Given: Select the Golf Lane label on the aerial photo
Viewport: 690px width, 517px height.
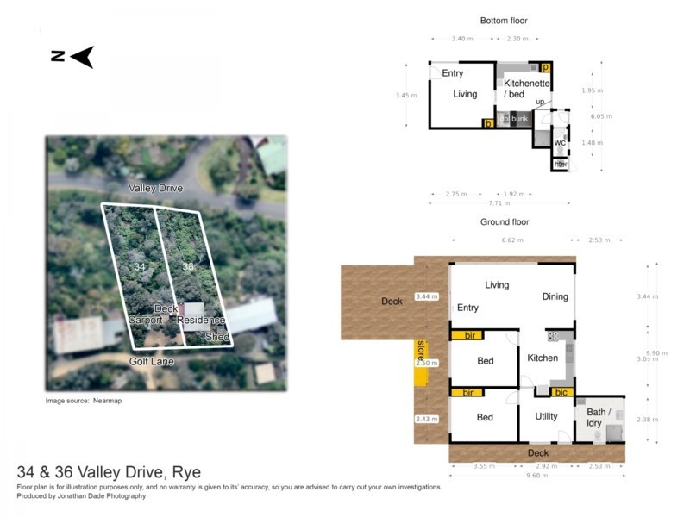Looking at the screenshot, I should pyautogui.click(x=152, y=362).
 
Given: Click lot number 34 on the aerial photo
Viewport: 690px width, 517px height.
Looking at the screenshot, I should pyautogui.click(x=139, y=267).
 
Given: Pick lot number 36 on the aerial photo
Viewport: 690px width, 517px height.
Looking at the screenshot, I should pyautogui.click(x=188, y=267).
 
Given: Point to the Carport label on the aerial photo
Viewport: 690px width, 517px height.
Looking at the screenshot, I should pyautogui.click(x=145, y=320).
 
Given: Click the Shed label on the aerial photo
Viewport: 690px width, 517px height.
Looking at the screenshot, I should pyautogui.click(x=216, y=338).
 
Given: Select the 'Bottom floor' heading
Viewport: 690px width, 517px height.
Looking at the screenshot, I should pyautogui.click(x=503, y=21).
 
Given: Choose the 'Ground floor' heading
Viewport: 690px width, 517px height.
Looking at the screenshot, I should pyautogui.click(x=504, y=221).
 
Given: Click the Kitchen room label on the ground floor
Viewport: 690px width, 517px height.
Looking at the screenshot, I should pyautogui.click(x=543, y=358).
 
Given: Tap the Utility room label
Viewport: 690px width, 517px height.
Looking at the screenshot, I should pyautogui.click(x=546, y=416).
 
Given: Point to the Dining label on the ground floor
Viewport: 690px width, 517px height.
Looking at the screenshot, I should pyautogui.click(x=555, y=296).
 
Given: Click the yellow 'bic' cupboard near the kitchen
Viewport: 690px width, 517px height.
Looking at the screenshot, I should pyautogui.click(x=562, y=392).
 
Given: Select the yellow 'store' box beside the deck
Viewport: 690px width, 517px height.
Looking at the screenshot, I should pyautogui.click(x=421, y=350).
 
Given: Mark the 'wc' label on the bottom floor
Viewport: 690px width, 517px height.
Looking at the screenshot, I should pyautogui.click(x=560, y=142).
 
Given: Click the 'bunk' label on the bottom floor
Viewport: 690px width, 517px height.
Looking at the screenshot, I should pyautogui.click(x=519, y=119).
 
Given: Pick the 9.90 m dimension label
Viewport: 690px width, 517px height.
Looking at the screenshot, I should pyautogui.click(x=658, y=352).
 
